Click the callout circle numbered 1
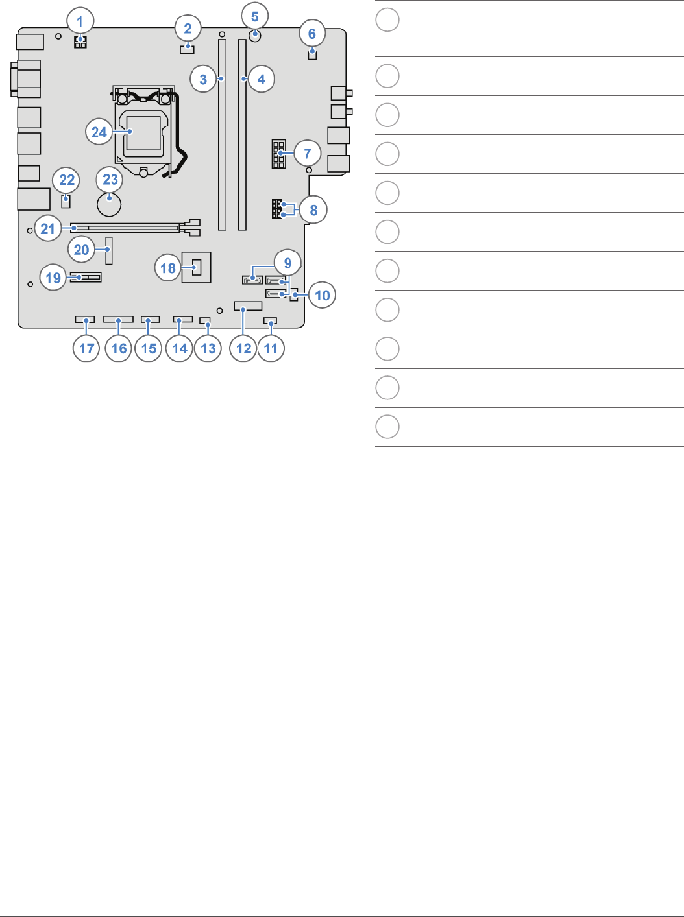pos(80,22)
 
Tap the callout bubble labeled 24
pos(99,132)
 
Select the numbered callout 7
pos(307,154)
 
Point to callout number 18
pos(167,268)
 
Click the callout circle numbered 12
pos(243,348)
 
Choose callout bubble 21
pos(48,228)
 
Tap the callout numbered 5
pos(254,16)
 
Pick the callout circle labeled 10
pos(322,295)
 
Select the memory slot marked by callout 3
pos(222,135)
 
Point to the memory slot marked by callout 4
pos(242,135)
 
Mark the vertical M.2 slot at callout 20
pos(109,250)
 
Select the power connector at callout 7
pos(279,153)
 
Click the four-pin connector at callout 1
pos(80,42)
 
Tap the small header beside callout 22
pos(66,200)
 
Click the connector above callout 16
pos(118,320)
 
